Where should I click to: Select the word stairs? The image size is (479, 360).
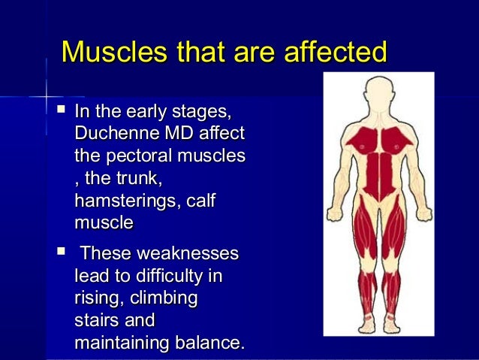[95, 321]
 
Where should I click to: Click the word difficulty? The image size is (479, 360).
[168, 276]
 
